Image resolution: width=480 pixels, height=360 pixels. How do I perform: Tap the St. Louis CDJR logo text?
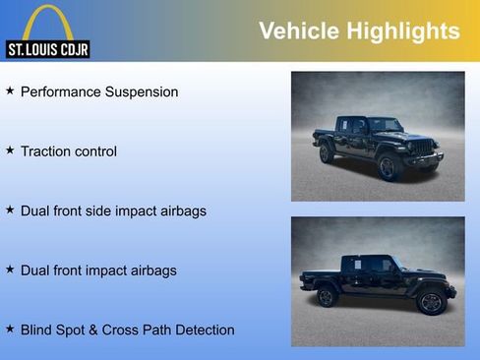tap(47, 48)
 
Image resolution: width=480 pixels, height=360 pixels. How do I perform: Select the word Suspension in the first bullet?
tap(142, 91)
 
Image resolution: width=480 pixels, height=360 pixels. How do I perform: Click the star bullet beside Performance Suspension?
tap(10, 90)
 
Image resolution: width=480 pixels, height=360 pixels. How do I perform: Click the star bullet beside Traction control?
tap(10, 150)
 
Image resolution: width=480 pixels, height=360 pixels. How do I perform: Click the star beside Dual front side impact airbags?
tap(10, 210)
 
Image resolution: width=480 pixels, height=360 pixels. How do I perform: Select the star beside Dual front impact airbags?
tap(10, 269)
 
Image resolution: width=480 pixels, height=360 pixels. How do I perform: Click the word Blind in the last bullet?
tap(37, 330)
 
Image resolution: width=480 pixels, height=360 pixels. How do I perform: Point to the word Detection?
tap(204, 330)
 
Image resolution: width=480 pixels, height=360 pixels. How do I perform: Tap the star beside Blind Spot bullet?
tap(10, 329)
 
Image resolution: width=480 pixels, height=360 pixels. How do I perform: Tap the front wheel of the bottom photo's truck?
tap(430, 301)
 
